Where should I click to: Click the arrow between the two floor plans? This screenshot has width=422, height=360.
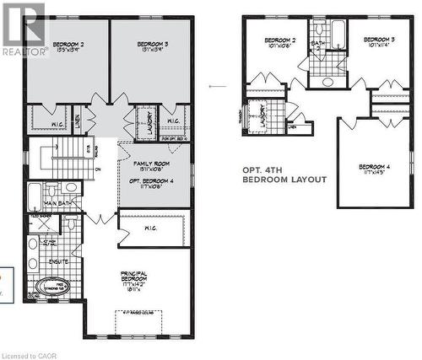[218, 85]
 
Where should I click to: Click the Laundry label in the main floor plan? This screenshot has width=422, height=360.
[144, 122]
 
